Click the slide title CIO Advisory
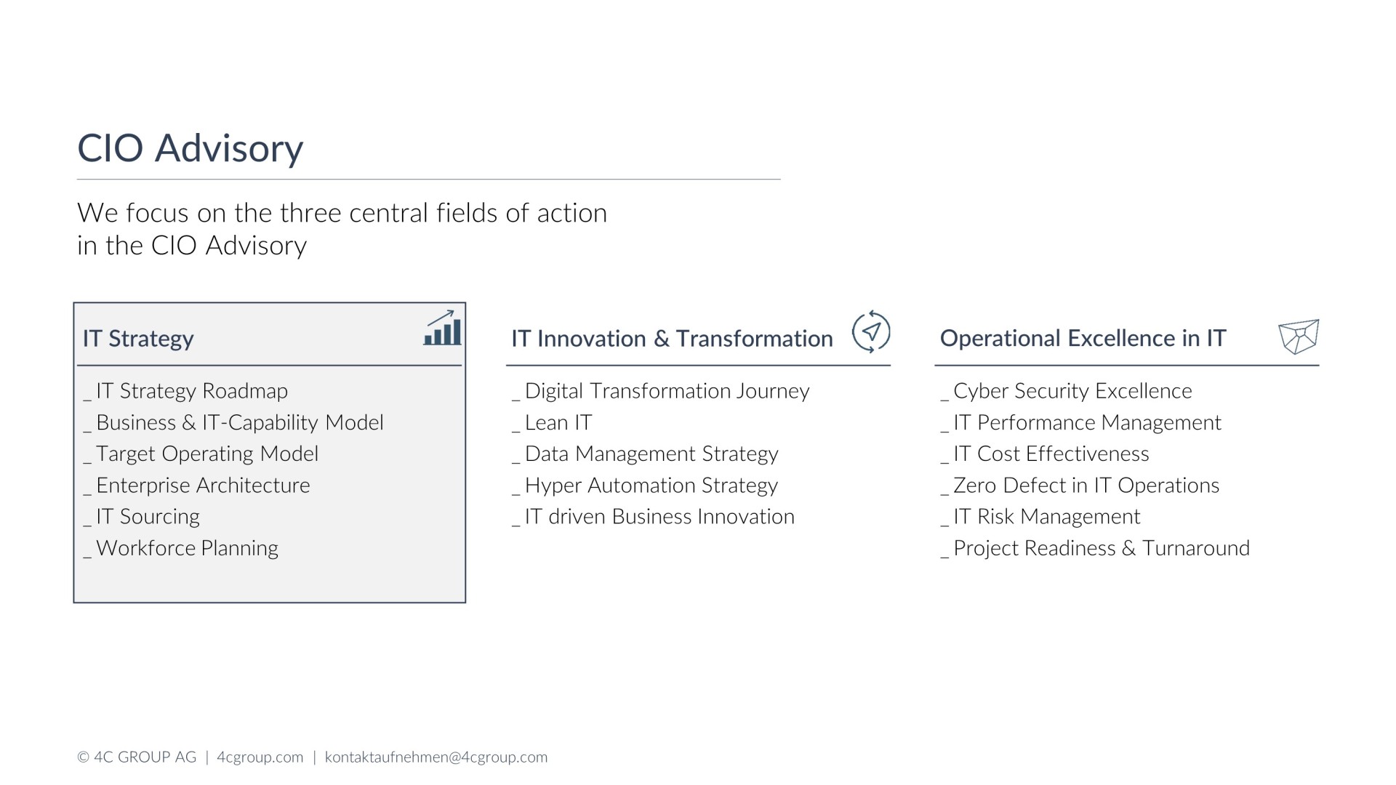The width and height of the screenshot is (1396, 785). coord(190,149)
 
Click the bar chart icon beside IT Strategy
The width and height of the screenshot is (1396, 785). coord(442,329)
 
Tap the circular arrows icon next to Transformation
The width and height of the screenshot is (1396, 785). coord(870,331)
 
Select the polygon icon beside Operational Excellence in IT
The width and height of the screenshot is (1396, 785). coord(1299,337)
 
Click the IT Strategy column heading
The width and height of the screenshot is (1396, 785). coord(138,339)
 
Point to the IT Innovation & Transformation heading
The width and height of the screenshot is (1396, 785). coord(672,339)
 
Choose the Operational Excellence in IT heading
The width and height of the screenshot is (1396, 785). coord(1083,338)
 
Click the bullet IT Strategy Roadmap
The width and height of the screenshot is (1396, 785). coord(186,391)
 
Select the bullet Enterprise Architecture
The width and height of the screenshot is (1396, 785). coord(197,486)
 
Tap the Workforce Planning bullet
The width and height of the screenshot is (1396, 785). coord(181,548)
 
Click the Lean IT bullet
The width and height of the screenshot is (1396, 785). coord(553,422)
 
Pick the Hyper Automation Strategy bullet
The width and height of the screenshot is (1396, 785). coord(645,486)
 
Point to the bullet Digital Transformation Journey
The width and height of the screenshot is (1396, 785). coord(661,391)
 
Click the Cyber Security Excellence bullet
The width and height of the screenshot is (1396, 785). coord(1067,391)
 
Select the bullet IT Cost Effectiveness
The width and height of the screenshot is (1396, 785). coord(1046,454)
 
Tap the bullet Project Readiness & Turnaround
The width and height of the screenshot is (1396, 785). coord(1096,548)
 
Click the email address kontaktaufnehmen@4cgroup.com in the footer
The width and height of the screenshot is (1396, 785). coord(436,757)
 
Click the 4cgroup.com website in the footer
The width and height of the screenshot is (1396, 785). coord(260,757)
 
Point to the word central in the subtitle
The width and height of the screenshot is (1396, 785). coord(389,213)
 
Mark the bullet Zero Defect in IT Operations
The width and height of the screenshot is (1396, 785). coord(1080,486)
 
